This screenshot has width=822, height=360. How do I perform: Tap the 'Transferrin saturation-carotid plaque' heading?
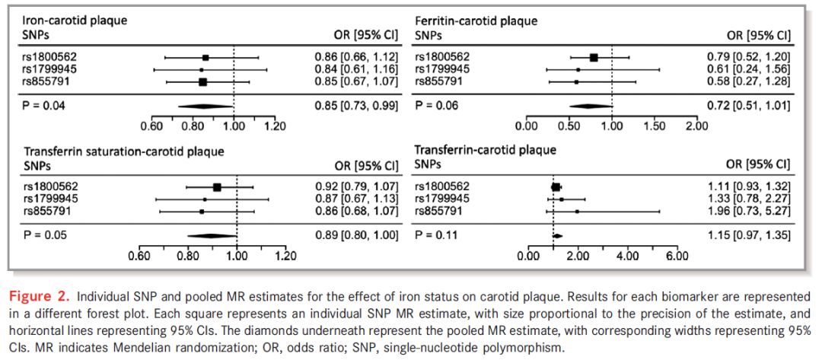(x=123, y=151)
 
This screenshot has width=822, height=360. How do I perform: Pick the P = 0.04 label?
(x=43, y=105)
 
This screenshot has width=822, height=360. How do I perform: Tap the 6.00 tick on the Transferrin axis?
(x=677, y=256)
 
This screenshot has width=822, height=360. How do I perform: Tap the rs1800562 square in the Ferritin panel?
(x=594, y=57)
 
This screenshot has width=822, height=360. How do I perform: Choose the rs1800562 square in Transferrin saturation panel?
(x=217, y=186)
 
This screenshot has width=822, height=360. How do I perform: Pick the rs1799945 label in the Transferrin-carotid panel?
(x=442, y=199)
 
